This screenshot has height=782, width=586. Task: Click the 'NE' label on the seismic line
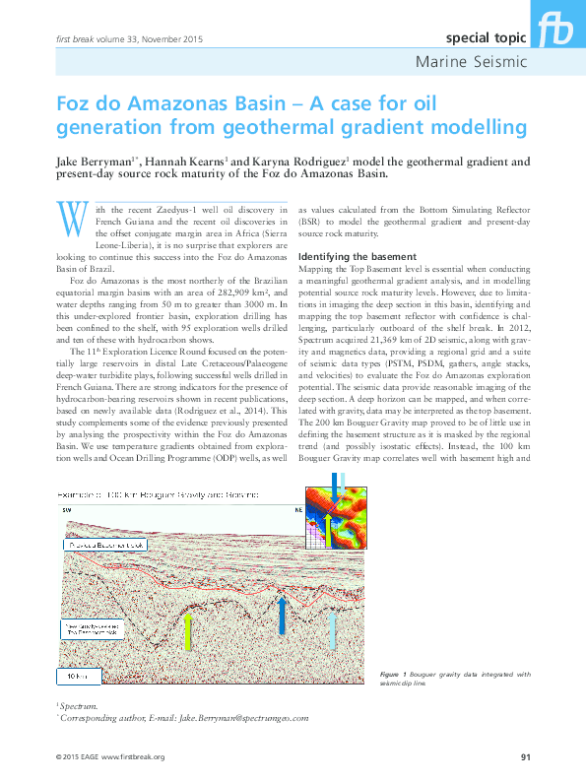point(297,510)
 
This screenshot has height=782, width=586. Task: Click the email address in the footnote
point(244,719)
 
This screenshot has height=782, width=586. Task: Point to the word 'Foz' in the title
point(76,104)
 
